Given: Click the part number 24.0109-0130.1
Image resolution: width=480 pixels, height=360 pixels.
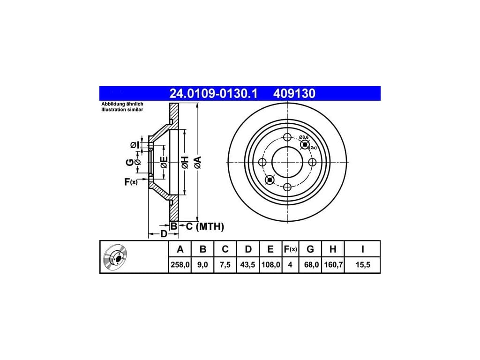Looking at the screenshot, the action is tap(213, 94).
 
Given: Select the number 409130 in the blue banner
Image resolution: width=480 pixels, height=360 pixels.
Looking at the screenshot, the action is tap(294, 94).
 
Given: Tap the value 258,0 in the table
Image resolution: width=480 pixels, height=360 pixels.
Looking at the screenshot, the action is tap(180, 264).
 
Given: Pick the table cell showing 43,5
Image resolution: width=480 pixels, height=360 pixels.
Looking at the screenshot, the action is tap(247, 264).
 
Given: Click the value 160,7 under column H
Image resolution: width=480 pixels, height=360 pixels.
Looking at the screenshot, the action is tap(333, 264).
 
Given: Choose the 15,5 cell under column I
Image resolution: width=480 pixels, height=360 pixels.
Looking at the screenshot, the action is tap(363, 264).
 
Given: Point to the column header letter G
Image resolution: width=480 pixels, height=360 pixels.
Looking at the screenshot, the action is tap(310, 249).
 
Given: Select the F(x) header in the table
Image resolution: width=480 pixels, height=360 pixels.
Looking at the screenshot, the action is tap(290, 249).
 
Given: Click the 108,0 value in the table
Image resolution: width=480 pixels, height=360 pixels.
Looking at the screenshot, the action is tap(270, 264).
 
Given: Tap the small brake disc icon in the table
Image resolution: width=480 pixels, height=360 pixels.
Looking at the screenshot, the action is tap(117, 258).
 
